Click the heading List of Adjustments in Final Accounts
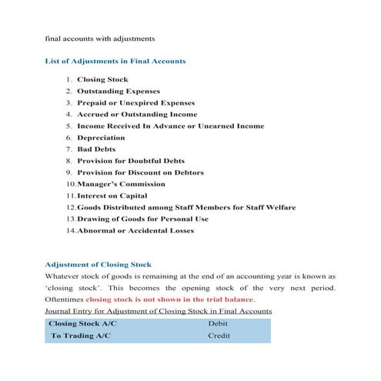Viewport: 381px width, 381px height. tap(115, 61)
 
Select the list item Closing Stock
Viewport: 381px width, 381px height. tap(102, 79)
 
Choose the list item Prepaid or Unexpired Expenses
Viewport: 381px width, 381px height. tap(135, 102)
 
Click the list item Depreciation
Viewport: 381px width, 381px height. tap(102, 137)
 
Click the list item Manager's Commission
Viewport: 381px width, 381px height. tap(121, 184)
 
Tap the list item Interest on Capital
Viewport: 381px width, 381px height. tap(116, 196)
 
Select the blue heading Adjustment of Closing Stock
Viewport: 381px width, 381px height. tap(99, 264)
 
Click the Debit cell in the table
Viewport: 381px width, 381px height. tap(218, 324)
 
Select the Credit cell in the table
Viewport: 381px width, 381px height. tap(219, 336)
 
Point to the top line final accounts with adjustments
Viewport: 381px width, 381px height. tap(100, 38)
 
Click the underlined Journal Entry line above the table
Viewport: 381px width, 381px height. tap(158, 310)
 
